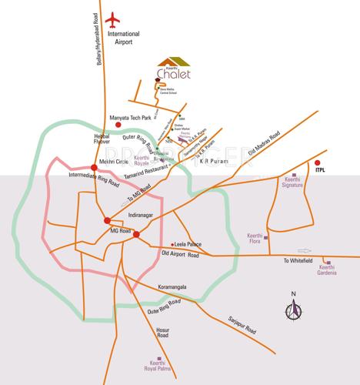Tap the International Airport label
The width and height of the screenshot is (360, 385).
[125, 39]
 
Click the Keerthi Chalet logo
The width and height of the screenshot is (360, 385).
[172, 69]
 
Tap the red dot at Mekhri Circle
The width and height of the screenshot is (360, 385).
[93, 167]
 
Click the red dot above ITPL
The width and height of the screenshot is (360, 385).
[317, 162]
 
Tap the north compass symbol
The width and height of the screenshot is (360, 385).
[293, 311]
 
